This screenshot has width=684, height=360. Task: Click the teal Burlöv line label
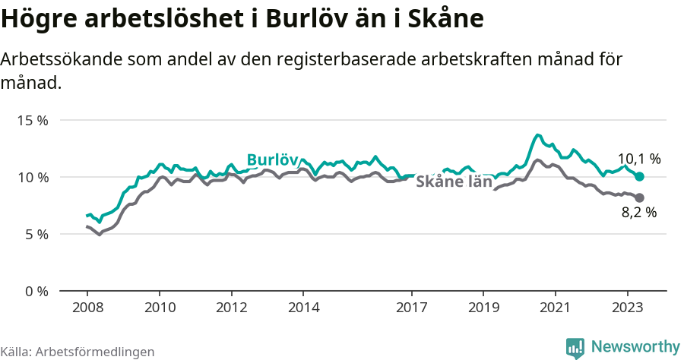tap(272, 159)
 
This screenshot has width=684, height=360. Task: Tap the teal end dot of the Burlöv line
tap(639, 176)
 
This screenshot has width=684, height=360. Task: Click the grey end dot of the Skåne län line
tap(639, 197)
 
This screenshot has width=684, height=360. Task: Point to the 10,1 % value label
tap(638, 159)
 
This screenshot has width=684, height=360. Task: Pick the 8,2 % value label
tap(638, 213)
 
